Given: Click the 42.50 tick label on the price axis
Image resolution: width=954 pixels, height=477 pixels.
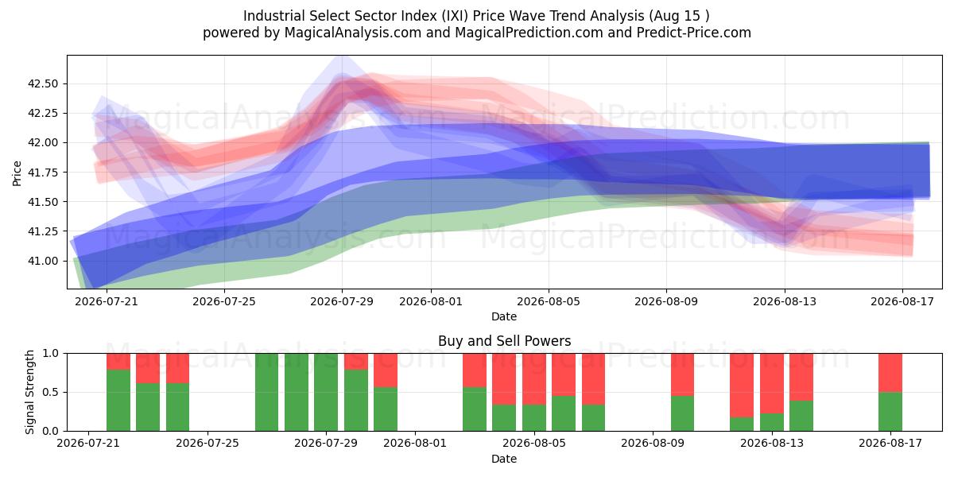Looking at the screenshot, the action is tap(43, 83).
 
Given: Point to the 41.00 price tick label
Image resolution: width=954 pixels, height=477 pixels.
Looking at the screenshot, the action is tap(43, 261).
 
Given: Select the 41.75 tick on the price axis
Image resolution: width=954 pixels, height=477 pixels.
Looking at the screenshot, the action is tap(43, 172).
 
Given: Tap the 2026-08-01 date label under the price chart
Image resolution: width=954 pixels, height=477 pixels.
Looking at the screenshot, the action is tap(431, 301).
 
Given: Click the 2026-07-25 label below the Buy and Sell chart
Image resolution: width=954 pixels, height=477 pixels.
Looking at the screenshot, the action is tap(207, 443).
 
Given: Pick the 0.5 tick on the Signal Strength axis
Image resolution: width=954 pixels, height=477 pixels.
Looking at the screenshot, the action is tap(51, 392).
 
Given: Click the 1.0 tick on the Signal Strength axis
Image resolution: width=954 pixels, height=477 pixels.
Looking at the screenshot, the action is tap(51, 353).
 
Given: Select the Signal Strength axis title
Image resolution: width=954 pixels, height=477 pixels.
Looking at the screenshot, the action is tap(29, 392).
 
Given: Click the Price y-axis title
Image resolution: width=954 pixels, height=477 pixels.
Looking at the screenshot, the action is tap(17, 173).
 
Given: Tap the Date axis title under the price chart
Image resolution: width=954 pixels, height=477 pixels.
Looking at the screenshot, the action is tap(504, 316).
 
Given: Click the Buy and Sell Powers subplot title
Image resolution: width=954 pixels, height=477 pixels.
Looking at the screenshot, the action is tap(504, 341).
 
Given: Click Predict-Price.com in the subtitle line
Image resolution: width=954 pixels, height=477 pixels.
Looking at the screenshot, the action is tap(694, 33).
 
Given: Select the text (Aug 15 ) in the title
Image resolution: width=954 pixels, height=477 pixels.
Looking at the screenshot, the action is tap(679, 16).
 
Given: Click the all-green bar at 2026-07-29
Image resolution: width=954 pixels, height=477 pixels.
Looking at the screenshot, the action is tap(326, 392).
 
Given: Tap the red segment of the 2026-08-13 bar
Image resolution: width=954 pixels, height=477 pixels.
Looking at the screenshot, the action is tap(772, 383).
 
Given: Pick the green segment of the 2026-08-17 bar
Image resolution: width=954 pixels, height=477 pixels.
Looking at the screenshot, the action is tap(890, 412).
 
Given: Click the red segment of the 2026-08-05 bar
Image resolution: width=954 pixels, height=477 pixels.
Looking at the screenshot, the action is tap(534, 378).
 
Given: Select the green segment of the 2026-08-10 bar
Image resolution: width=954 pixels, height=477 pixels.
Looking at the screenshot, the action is tap(682, 413).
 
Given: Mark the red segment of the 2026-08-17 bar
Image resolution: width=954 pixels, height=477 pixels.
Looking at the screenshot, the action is tap(890, 373).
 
